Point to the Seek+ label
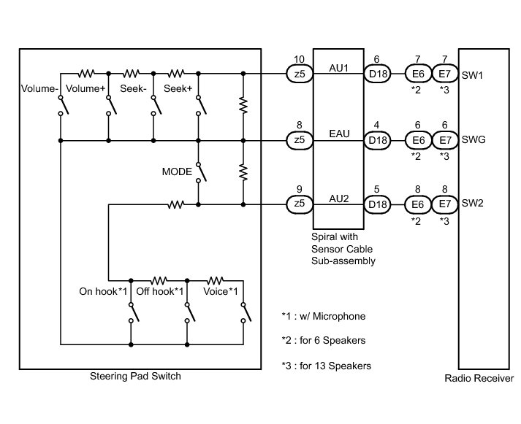178,89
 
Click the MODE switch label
176,172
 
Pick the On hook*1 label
104,292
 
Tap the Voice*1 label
221,292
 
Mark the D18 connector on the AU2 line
378,204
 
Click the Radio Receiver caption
479,378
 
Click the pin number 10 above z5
298,58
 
